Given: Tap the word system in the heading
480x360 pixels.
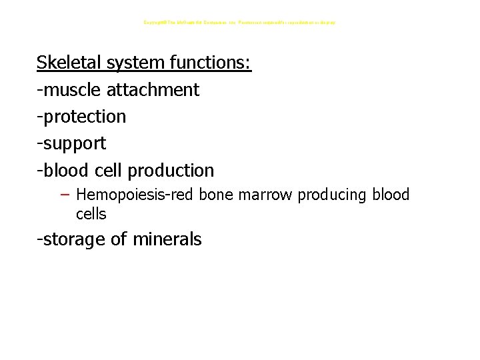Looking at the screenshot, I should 134,63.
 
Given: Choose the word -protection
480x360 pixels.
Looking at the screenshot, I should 81,117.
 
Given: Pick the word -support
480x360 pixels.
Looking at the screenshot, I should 71,143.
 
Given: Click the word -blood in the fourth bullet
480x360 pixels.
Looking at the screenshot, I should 61,170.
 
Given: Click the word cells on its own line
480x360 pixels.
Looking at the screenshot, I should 91,214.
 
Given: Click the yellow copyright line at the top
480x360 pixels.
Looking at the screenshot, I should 240,23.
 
